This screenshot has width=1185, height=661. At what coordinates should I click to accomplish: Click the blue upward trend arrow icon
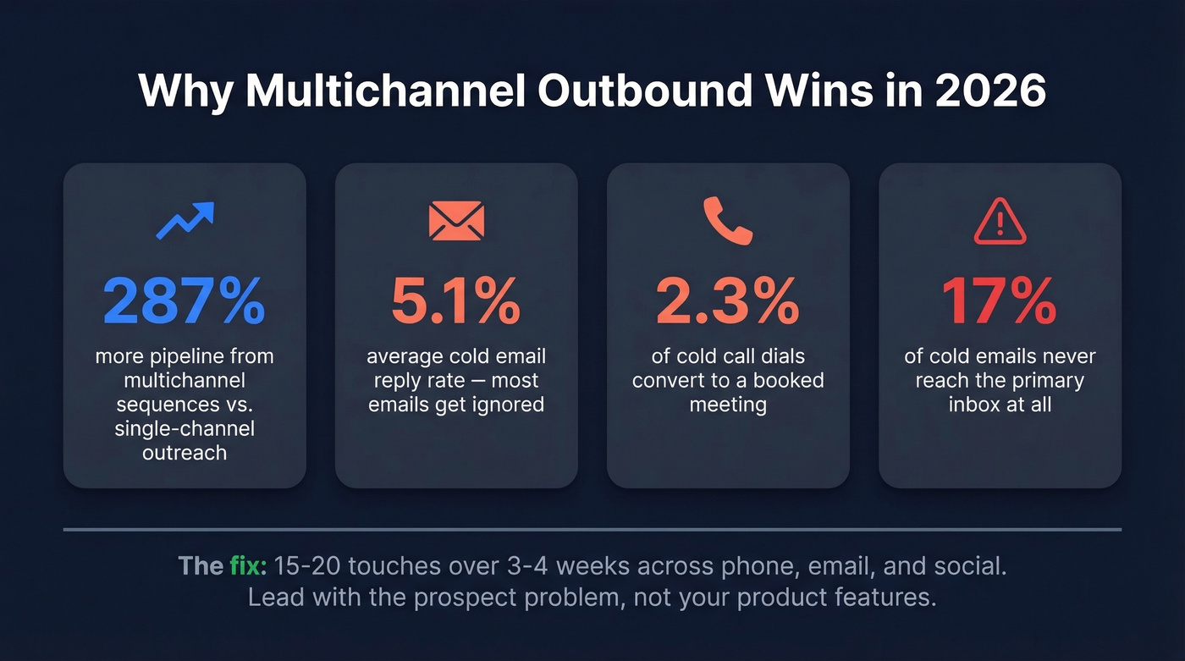click(x=185, y=220)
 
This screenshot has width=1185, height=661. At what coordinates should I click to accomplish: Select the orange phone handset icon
click(x=728, y=223)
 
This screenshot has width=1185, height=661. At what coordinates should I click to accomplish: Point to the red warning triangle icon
click(x=1000, y=223)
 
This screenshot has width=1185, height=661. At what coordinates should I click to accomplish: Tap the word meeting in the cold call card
click(x=728, y=404)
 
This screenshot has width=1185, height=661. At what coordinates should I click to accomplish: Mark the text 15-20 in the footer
click(x=306, y=565)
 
